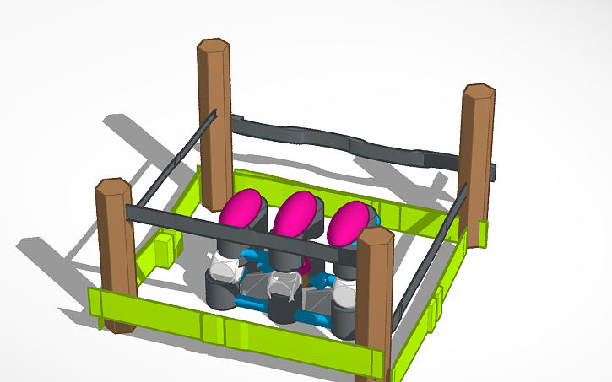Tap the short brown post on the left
(115, 253)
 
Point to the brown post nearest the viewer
(374, 304)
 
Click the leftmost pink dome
(242, 209)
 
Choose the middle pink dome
(294, 214)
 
